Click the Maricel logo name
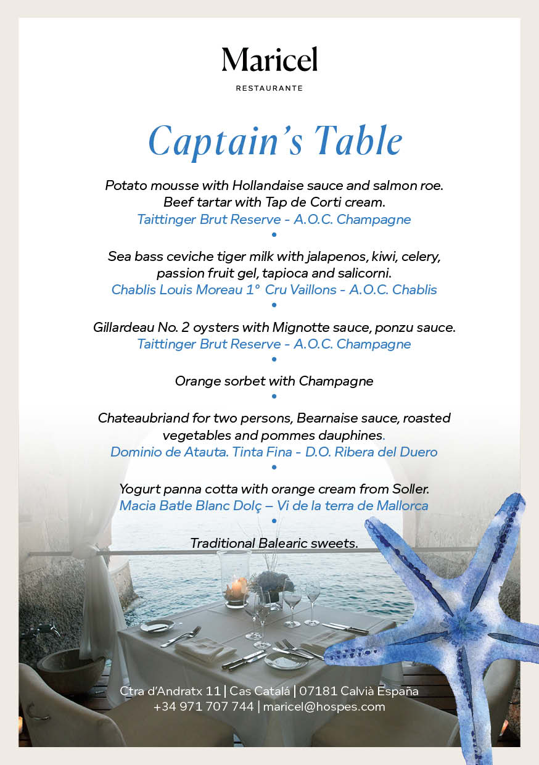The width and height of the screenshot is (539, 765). [269, 60]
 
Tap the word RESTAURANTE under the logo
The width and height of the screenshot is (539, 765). [269, 88]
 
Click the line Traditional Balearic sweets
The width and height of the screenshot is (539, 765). [274, 543]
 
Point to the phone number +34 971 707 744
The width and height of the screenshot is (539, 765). [204, 706]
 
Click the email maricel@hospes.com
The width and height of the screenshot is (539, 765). [324, 706]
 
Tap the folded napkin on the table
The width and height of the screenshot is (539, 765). [204, 648]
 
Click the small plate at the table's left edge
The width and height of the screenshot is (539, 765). [157, 626]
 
